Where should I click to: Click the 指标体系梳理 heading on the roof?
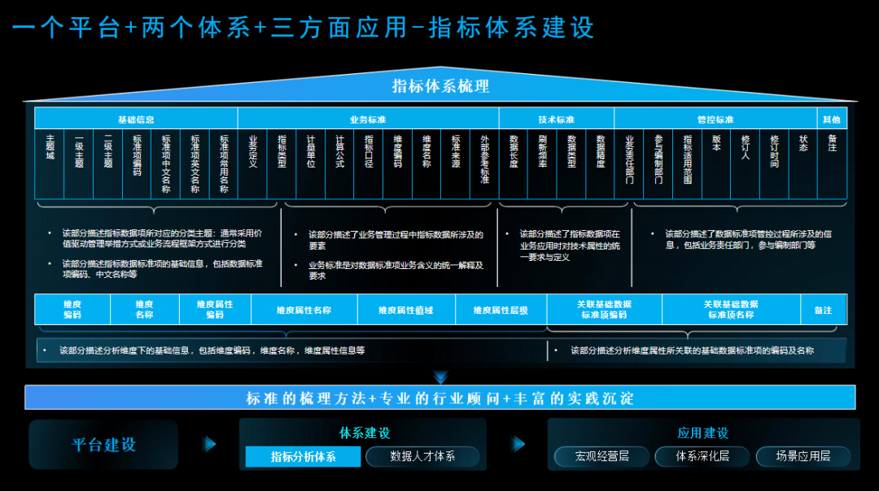[x=440, y=86]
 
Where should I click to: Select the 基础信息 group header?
[x=136, y=119]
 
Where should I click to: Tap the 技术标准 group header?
[x=556, y=119]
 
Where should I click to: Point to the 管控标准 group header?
[x=715, y=119]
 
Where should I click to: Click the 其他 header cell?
[x=832, y=119]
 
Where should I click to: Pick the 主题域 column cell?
[x=50, y=163]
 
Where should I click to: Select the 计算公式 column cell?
[x=339, y=163]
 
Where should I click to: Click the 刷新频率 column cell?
[x=542, y=163]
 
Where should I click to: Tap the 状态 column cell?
[x=802, y=163]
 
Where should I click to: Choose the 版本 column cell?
[x=715, y=163]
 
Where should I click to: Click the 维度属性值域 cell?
[x=405, y=310]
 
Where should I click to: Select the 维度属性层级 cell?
[x=501, y=310]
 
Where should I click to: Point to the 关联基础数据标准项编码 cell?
[x=604, y=310]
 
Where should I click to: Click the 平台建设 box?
[x=103, y=445]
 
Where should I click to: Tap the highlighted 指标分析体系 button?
[x=303, y=457]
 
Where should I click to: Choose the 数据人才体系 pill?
[x=422, y=457]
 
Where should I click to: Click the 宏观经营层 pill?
[x=602, y=457]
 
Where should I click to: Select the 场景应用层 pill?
[x=802, y=457]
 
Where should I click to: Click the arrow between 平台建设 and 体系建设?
[x=210, y=445]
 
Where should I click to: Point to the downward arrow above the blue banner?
[x=440, y=377]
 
